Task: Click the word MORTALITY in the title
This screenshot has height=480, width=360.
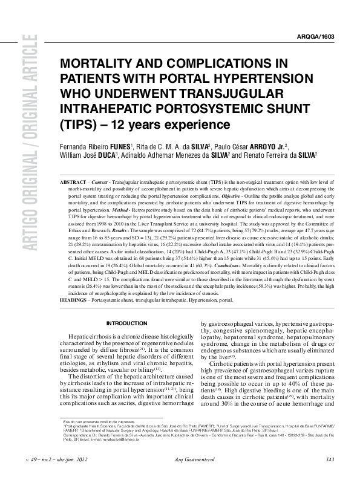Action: coord(100,65)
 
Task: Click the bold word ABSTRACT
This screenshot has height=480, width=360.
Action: coord(73,182)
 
